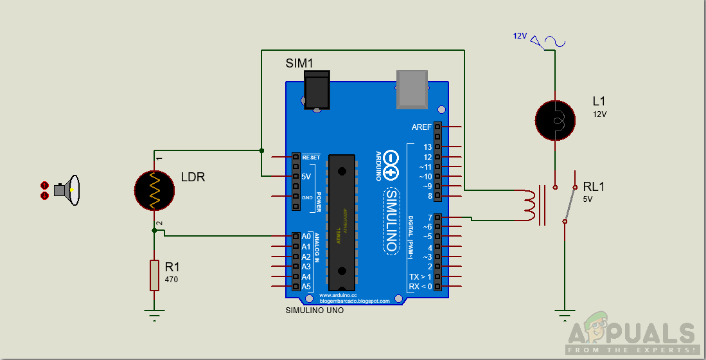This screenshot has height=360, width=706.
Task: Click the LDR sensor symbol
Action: [x=154, y=190]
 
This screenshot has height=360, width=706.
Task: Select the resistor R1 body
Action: [x=154, y=275]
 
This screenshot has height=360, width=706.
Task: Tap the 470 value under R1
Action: [x=172, y=280]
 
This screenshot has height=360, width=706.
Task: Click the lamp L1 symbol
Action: [x=554, y=120]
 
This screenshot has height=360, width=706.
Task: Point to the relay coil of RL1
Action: [x=530, y=205]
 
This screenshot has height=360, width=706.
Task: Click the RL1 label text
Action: [x=594, y=187]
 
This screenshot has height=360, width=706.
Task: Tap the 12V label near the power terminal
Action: [x=520, y=36]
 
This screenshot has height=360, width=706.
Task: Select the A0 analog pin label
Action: [x=306, y=237]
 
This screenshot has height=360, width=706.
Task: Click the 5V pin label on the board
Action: [x=306, y=177]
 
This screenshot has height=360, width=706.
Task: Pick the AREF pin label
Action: [x=421, y=127]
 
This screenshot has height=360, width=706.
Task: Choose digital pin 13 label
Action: [x=427, y=147]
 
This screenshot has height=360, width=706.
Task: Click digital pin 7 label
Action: [x=429, y=218]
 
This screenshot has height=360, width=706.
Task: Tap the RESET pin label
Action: [x=311, y=157]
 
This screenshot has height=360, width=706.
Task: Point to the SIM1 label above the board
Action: [x=299, y=63]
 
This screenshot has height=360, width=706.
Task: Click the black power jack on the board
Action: [x=316, y=90]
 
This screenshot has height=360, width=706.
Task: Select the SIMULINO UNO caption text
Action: [x=314, y=310]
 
